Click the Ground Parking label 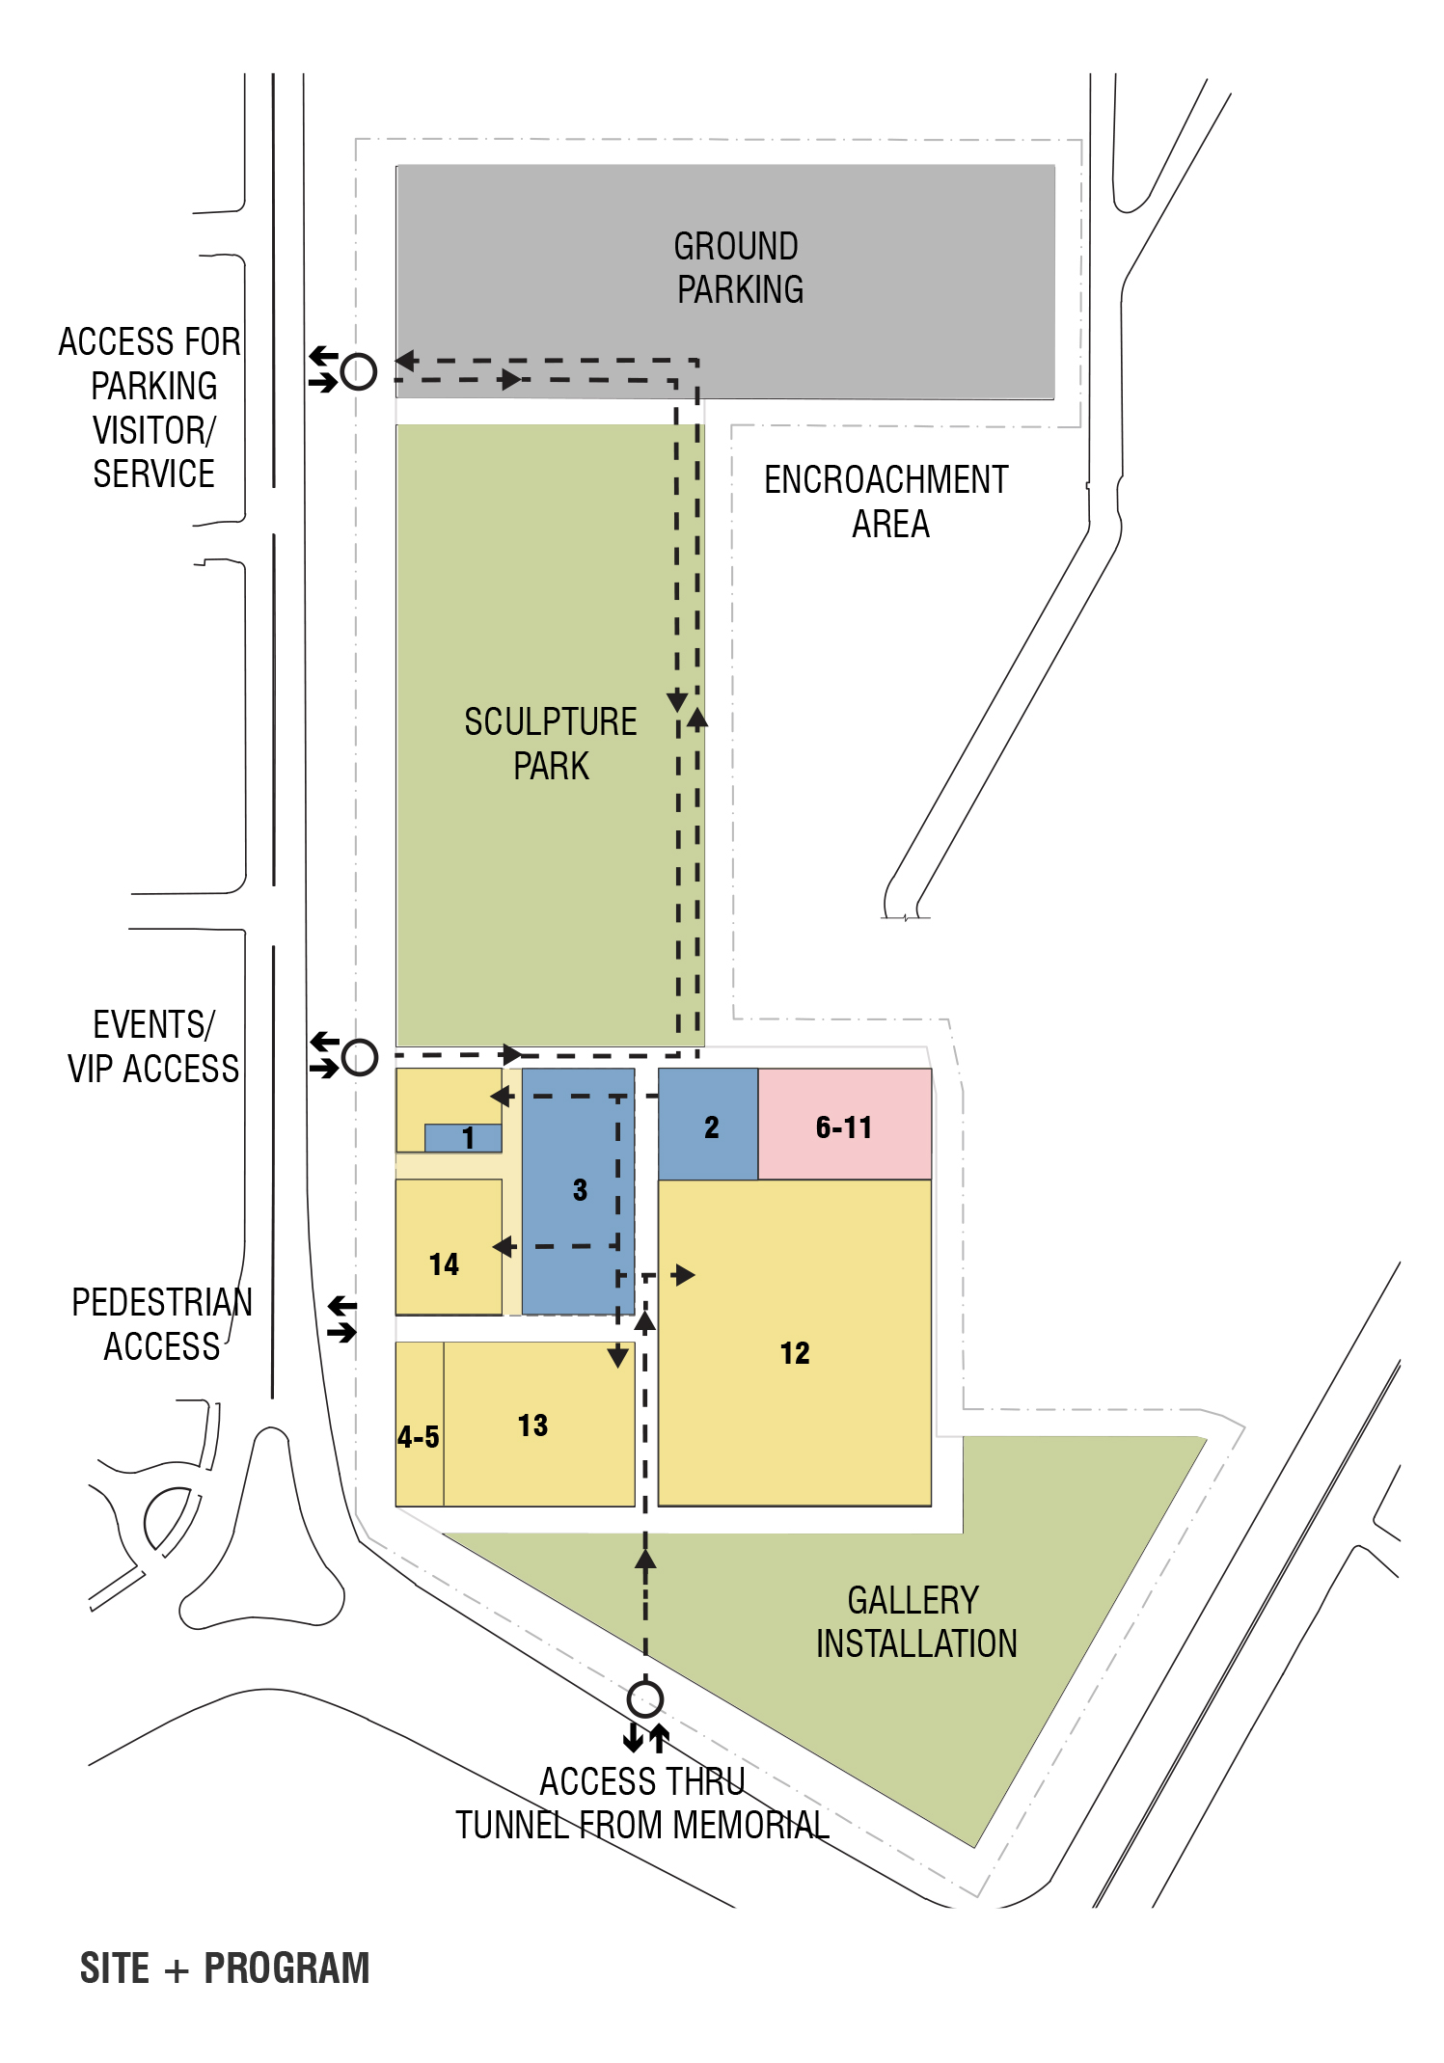click(738, 267)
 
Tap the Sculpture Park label click(551, 744)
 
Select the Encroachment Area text click(886, 502)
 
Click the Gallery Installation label click(916, 1621)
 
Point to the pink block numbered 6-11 click(845, 1124)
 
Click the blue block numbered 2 click(708, 1124)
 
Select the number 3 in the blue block click(580, 1189)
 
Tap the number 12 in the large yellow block click(795, 1353)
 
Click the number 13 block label click(532, 1425)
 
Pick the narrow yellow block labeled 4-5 click(420, 1424)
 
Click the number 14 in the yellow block click(444, 1264)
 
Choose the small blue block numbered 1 click(463, 1138)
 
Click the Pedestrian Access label click(162, 1324)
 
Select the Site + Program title click(225, 1968)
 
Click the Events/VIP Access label click(153, 1046)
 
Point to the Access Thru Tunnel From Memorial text click(642, 1803)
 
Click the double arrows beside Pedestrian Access click(341, 1319)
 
